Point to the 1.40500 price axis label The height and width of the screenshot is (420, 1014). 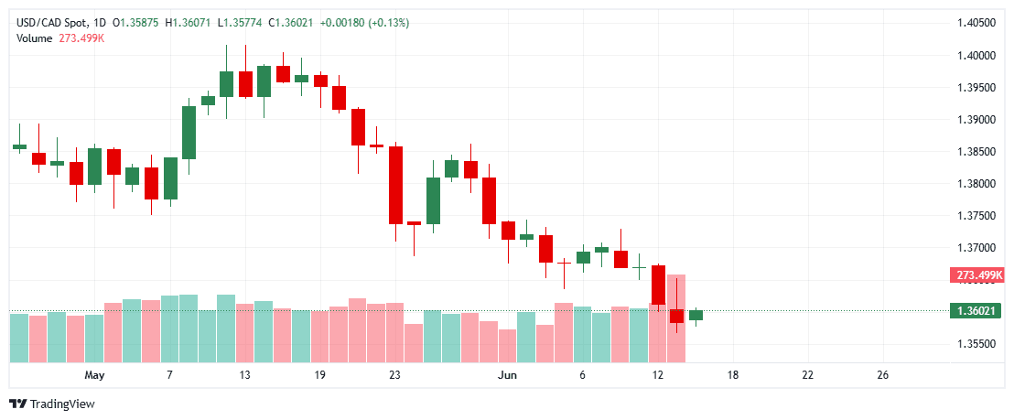pyautogui.click(x=976, y=23)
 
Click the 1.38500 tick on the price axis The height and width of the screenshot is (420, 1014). pyautogui.click(x=976, y=151)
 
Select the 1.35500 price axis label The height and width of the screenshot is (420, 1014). pyautogui.click(x=976, y=343)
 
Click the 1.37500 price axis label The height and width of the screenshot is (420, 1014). pyautogui.click(x=976, y=215)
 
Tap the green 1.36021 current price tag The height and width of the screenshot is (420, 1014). pyautogui.click(x=976, y=311)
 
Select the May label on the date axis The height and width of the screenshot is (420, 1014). pyautogui.click(x=94, y=375)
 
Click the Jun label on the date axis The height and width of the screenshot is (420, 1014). pyautogui.click(x=507, y=375)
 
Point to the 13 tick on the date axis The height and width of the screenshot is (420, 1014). pyautogui.click(x=244, y=375)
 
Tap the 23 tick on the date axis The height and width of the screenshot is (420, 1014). pyautogui.click(x=394, y=375)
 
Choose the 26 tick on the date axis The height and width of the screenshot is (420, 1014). pyautogui.click(x=882, y=375)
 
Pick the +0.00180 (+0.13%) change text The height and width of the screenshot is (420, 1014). pyautogui.click(x=365, y=22)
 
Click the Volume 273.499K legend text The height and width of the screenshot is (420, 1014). pyautogui.click(x=59, y=38)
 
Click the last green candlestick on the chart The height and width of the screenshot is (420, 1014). pyautogui.click(x=696, y=315)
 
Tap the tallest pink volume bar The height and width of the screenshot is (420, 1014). pyautogui.click(x=676, y=317)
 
